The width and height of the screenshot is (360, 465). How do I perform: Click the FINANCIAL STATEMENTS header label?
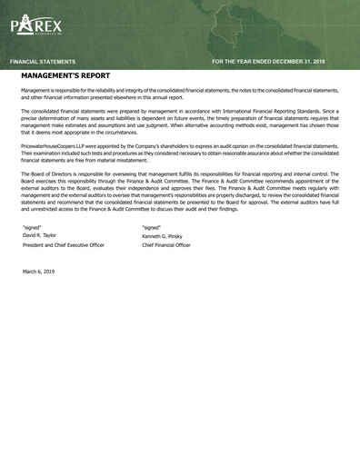tap(43, 61)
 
